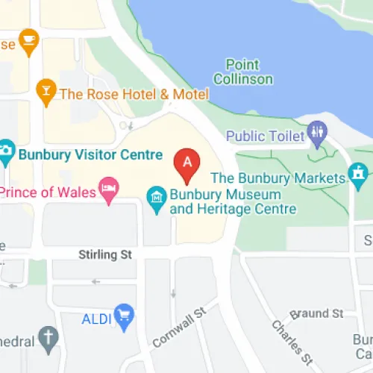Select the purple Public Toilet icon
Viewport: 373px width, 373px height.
319,135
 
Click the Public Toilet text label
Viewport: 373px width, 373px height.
266,136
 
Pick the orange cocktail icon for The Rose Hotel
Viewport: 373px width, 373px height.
46,93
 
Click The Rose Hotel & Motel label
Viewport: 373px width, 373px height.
134,94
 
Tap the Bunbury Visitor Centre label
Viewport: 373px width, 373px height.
90,155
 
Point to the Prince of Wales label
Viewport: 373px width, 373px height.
49,192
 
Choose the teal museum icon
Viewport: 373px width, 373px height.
157,200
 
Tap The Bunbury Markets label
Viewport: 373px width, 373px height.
279,178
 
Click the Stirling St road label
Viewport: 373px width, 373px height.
105,255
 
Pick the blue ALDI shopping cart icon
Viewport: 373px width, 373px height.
123,317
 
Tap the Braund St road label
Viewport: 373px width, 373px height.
316,313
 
